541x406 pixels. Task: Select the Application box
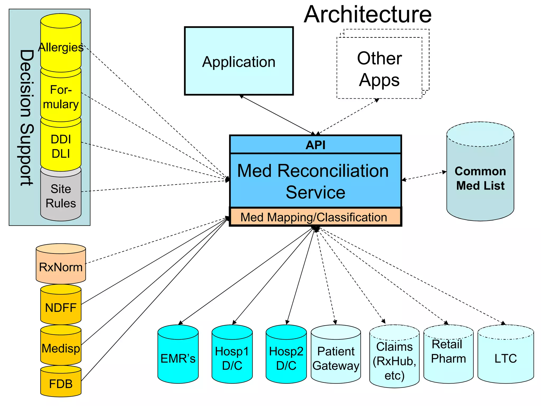(x=239, y=61)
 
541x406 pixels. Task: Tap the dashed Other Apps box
(x=379, y=69)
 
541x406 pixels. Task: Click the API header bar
(x=315, y=145)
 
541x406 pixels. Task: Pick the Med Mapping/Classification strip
(x=314, y=217)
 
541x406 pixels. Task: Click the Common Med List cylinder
(x=480, y=178)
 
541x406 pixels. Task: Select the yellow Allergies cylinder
(x=61, y=47)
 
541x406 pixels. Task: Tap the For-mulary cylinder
(x=61, y=97)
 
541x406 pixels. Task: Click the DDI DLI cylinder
(x=61, y=146)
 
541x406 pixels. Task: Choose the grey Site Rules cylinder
(x=61, y=196)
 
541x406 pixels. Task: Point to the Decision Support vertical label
(x=26, y=118)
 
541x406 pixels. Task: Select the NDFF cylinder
(x=61, y=308)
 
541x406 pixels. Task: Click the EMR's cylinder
(x=178, y=358)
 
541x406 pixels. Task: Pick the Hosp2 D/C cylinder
(x=286, y=358)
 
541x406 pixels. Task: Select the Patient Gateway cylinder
(x=336, y=358)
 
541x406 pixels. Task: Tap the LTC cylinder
(x=505, y=358)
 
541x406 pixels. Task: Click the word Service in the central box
(x=315, y=192)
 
